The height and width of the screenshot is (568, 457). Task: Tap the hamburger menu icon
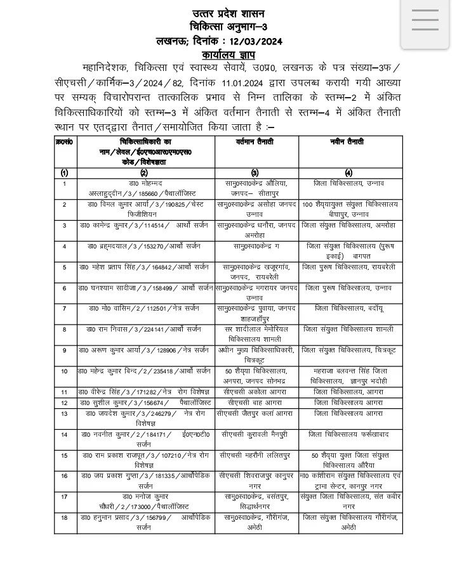click(x=425, y=20)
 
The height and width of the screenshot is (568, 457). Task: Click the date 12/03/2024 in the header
click(x=256, y=41)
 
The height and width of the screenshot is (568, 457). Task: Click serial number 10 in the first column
click(x=65, y=371)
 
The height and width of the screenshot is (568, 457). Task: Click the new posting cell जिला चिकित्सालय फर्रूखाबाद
click(x=349, y=434)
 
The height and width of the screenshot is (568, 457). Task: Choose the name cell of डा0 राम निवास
click(x=145, y=330)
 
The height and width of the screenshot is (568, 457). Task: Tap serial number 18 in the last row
click(x=65, y=518)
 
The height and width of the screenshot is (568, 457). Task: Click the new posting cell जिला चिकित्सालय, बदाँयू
click(x=349, y=309)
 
